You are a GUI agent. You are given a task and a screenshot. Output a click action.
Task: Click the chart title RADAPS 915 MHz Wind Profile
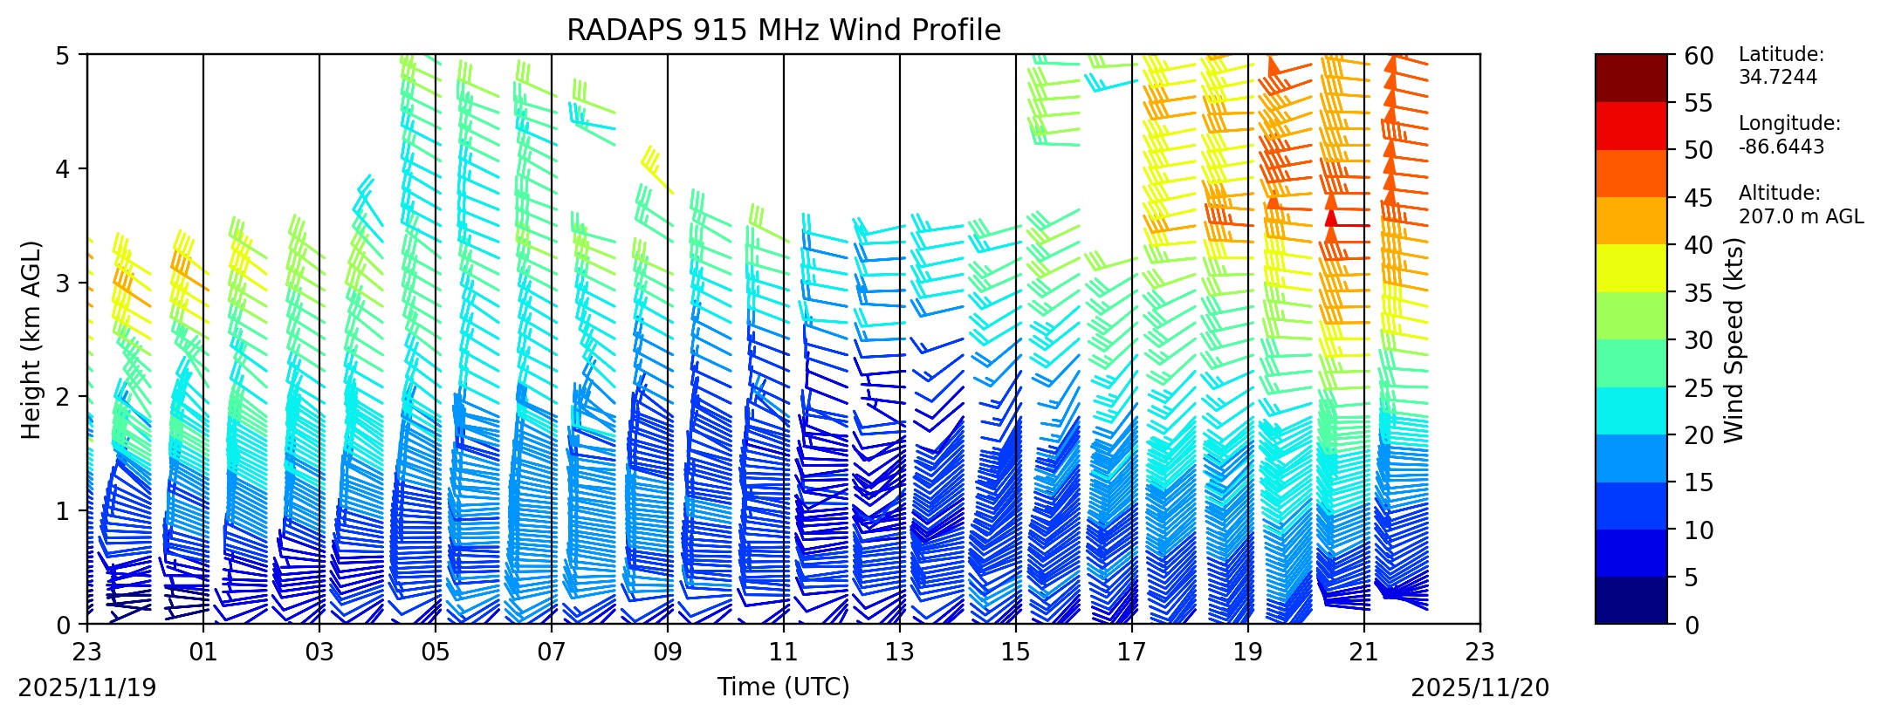pyautogui.click(x=783, y=31)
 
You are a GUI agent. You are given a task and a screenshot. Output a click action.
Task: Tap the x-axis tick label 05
pyautogui.click(x=436, y=653)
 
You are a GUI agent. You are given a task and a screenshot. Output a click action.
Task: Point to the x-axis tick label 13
pyautogui.click(x=900, y=653)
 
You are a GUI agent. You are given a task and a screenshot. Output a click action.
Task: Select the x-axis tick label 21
pyautogui.click(x=1364, y=653)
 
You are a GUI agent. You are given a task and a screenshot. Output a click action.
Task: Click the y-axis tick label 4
pyautogui.click(x=63, y=168)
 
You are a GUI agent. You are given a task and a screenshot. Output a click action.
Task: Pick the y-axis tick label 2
pyautogui.click(x=63, y=397)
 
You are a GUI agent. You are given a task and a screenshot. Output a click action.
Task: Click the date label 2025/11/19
pyautogui.click(x=87, y=688)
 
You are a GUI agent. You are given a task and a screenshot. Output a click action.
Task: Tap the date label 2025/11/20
pyautogui.click(x=1480, y=688)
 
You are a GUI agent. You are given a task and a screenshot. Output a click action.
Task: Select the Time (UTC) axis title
pyautogui.click(x=783, y=687)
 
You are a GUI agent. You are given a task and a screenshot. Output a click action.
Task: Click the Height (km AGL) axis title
pyautogui.click(x=31, y=339)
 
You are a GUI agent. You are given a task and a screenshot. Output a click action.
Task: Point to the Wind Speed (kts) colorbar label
pyautogui.click(x=1733, y=339)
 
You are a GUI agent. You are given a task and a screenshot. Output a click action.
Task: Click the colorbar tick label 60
pyautogui.click(x=1699, y=56)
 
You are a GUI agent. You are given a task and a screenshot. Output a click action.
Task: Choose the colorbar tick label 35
pyautogui.click(x=1699, y=293)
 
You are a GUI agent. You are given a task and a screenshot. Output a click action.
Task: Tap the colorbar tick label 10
pyautogui.click(x=1699, y=530)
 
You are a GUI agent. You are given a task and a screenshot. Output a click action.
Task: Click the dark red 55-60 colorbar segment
pyautogui.click(x=1630, y=79)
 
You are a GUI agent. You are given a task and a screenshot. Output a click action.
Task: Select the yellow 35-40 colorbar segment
pyautogui.click(x=1630, y=268)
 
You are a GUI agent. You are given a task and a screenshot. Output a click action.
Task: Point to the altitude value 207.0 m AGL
pyautogui.click(x=1800, y=216)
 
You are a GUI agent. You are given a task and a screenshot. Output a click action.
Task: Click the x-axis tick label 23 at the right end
pyautogui.click(x=1480, y=653)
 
